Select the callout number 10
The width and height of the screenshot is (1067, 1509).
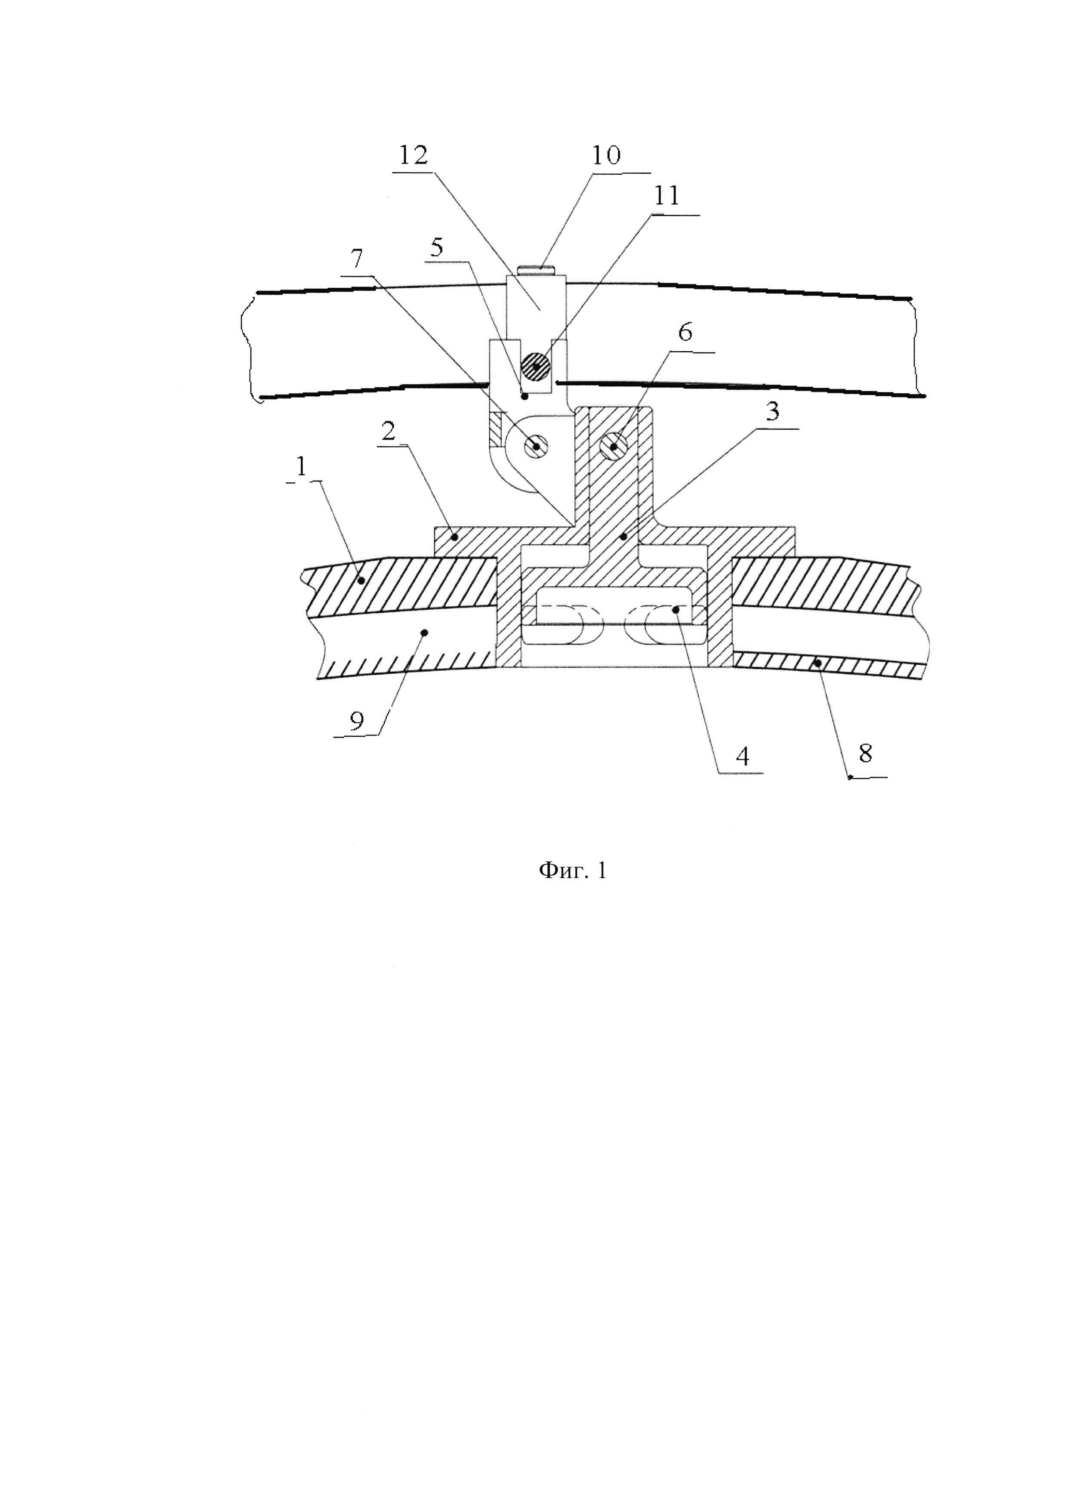(x=606, y=155)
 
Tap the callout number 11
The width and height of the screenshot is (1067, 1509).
(x=666, y=196)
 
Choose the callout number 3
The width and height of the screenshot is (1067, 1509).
(x=773, y=411)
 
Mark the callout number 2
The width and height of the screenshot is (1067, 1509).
(x=389, y=431)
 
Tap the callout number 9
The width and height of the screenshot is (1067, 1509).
(x=357, y=722)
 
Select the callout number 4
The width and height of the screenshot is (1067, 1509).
(x=743, y=757)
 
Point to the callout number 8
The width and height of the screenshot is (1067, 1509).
(x=865, y=753)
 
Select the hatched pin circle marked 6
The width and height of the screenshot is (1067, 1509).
(x=613, y=447)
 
